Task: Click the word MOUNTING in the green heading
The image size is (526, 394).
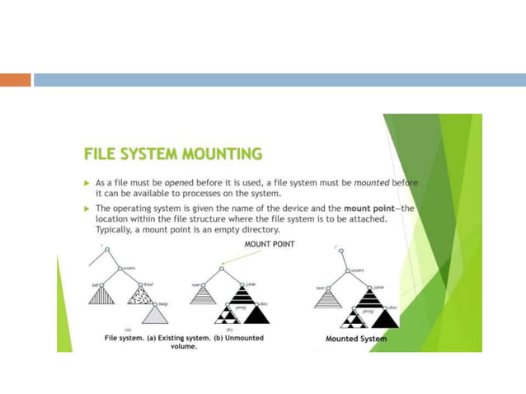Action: coord(217,154)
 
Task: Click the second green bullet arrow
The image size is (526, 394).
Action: coord(87,209)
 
